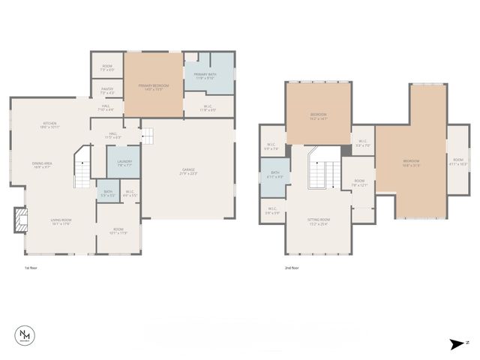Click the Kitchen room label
49,125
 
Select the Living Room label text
61,221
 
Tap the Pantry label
106,90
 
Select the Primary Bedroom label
154,87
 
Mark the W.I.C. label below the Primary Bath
209,108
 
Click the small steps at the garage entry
148,136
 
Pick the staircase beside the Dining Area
82,172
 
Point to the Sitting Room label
319,220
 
